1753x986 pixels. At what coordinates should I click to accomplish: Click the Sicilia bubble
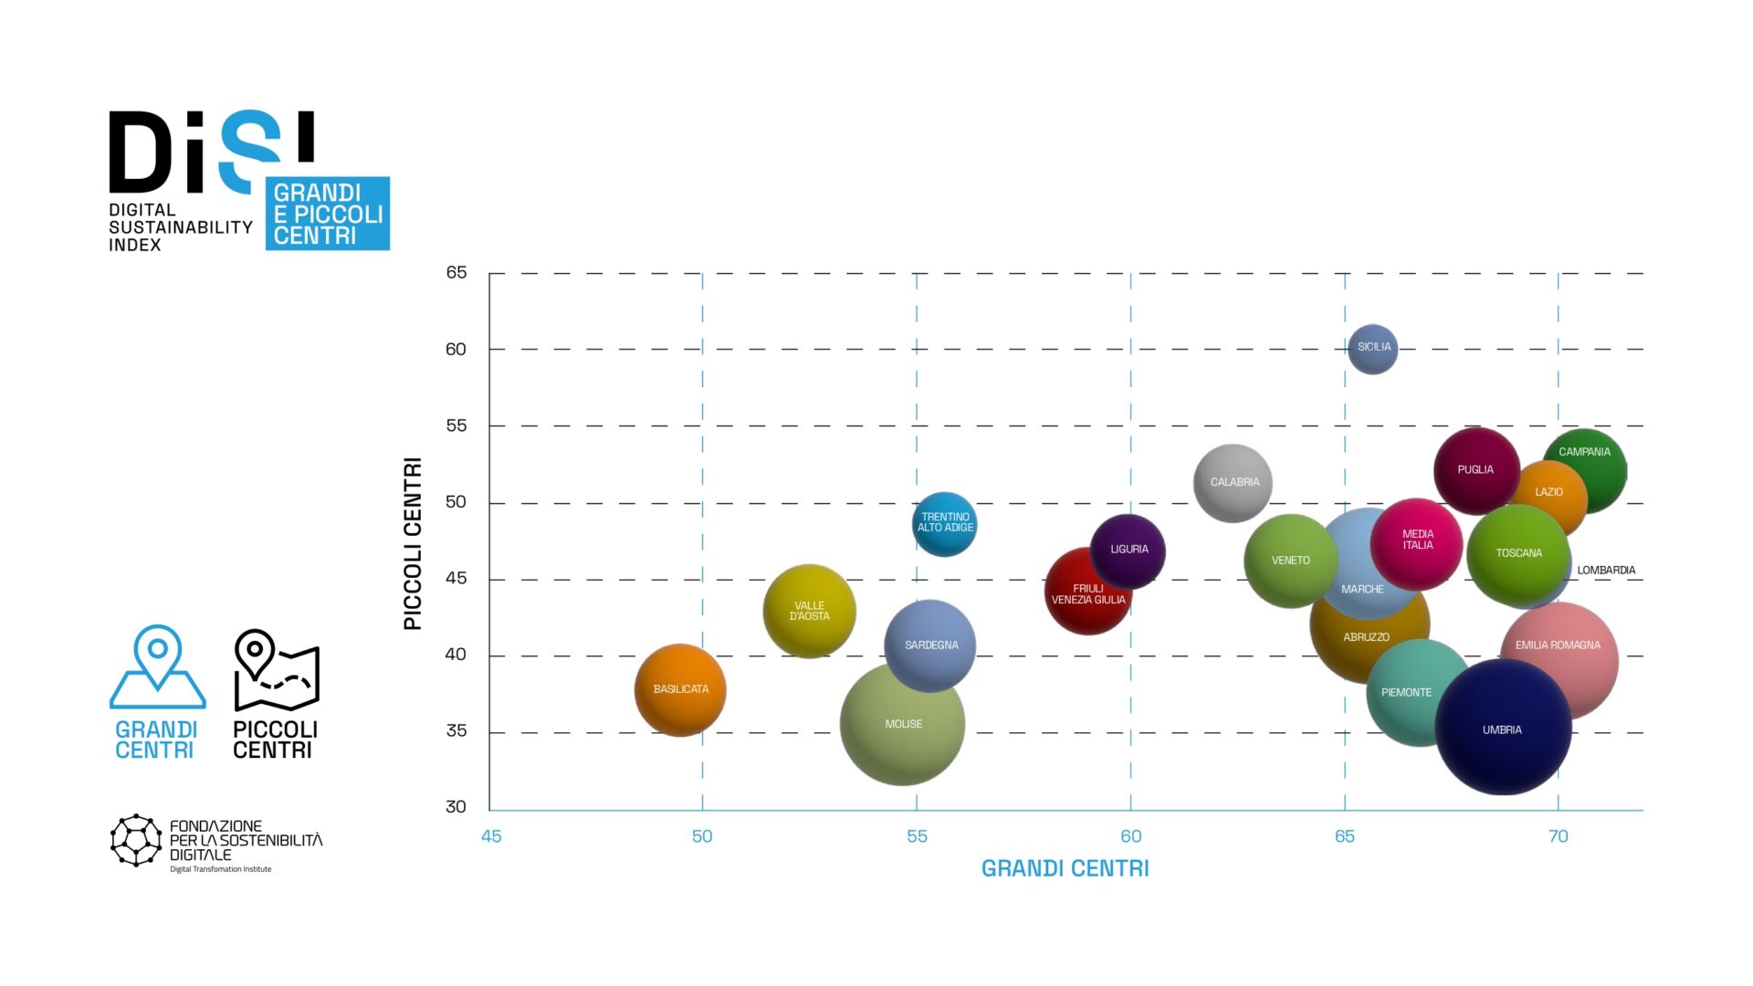pyautogui.click(x=1372, y=349)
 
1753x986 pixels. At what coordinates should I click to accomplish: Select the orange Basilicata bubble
pyautogui.click(x=680, y=690)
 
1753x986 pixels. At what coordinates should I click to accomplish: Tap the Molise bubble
pyautogui.click(x=902, y=724)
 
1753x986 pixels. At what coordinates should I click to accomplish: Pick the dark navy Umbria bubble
pyautogui.click(x=1503, y=728)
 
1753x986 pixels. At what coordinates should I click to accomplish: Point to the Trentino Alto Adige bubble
pyautogui.click(x=945, y=523)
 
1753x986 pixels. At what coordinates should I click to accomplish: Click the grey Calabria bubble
pyautogui.click(x=1233, y=483)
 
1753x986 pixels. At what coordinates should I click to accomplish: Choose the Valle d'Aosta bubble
pyautogui.click(x=809, y=611)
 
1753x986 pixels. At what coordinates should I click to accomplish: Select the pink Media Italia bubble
pyautogui.click(x=1417, y=542)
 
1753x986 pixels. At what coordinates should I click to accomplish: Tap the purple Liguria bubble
pyautogui.click(x=1128, y=551)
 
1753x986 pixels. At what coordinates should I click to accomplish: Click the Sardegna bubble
pyautogui.click(x=930, y=645)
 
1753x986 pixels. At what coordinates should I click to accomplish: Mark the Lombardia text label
pyautogui.click(x=1606, y=571)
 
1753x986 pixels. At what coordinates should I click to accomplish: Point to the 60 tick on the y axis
pyautogui.click(x=456, y=349)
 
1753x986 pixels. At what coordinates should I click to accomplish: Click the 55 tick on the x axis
pyautogui.click(x=917, y=836)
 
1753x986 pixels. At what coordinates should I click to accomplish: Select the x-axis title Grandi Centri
pyautogui.click(x=1065, y=868)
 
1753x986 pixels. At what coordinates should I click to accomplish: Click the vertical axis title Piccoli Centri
pyautogui.click(x=413, y=543)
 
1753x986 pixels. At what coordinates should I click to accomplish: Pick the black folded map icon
pyautogui.click(x=277, y=670)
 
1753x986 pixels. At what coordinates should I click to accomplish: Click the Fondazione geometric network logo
pyautogui.click(x=136, y=840)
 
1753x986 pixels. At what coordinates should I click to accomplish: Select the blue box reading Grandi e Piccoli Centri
pyautogui.click(x=328, y=214)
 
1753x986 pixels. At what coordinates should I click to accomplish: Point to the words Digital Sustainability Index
pyautogui.click(x=180, y=227)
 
